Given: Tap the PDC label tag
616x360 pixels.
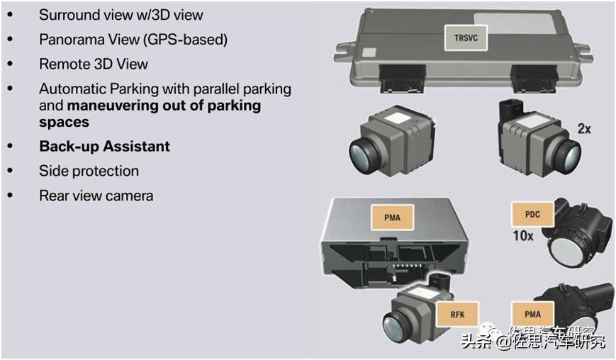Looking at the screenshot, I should [x=532, y=214].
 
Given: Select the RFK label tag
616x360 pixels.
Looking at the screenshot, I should [x=458, y=315].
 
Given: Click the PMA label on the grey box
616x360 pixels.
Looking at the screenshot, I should [x=392, y=217].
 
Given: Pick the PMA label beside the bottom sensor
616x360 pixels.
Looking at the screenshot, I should [x=532, y=314].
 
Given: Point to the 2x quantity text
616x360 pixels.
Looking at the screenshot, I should [x=584, y=129].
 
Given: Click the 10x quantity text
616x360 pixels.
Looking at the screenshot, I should [x=522, y=235].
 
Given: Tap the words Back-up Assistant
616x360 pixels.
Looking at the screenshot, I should [x=104, y=147].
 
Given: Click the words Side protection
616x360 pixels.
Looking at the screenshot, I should [x=89, y=171].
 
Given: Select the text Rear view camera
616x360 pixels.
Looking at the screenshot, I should [x=96, y=195].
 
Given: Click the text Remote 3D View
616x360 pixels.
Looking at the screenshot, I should [x=94, y=64].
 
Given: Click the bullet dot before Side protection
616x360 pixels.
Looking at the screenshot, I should [x=10, y=171].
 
